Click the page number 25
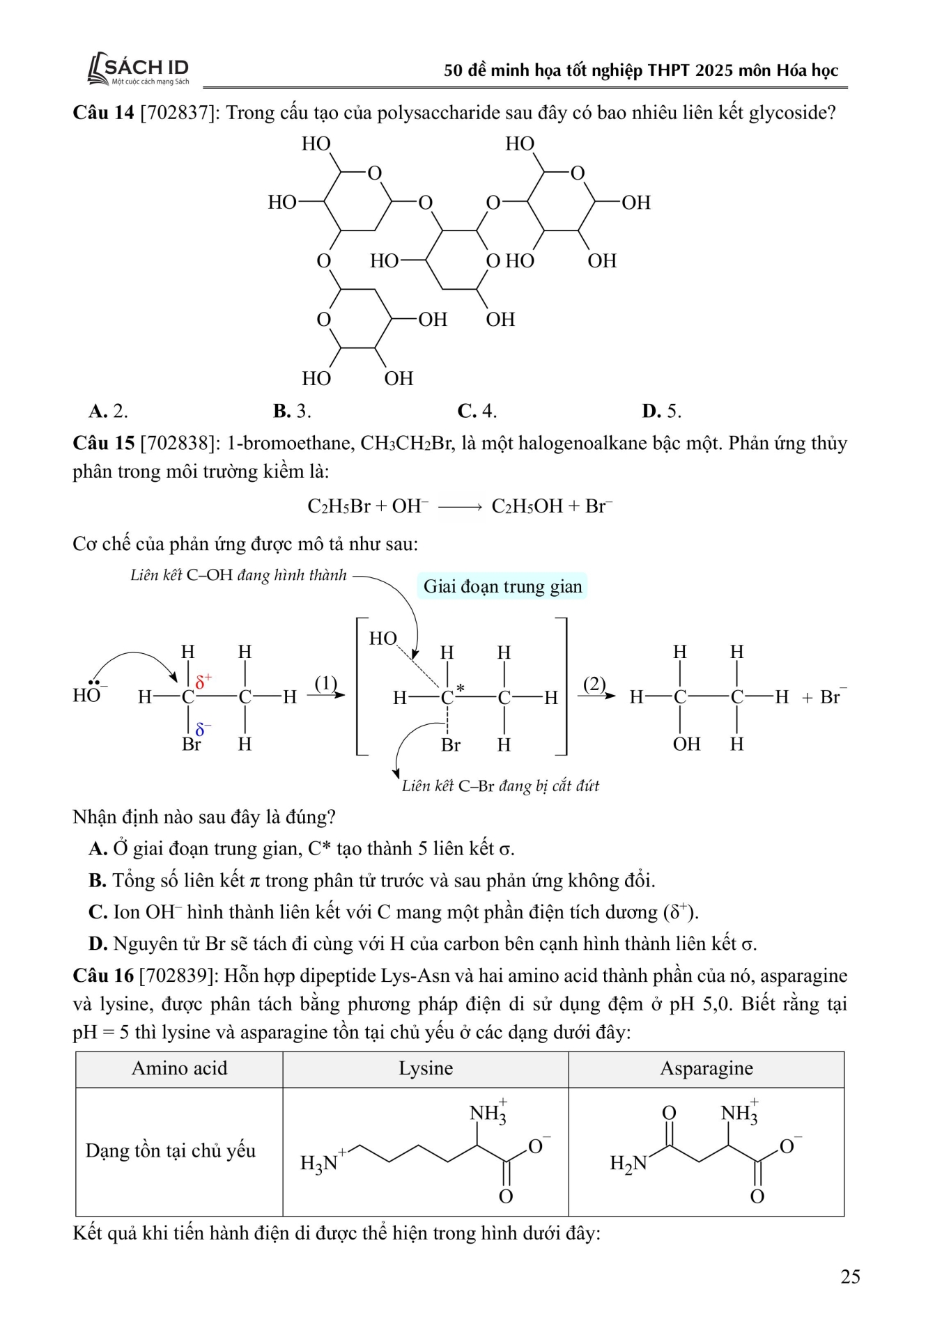tap(850, 1276)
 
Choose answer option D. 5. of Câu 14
tap(661, 411)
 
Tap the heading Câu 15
tap(103, 444)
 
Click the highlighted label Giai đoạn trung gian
tap(502, 586)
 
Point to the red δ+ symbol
tap(203, 680)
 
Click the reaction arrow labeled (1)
tap(326, 694)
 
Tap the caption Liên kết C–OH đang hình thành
tap(238, 575)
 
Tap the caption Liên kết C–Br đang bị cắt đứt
tap(500, 786)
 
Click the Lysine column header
tap(426, 1069)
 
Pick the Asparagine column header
tap(706, 1069)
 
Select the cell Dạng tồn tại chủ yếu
tap(171, 1150)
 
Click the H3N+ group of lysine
tap(320, 1162)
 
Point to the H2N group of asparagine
tap(628, 1163)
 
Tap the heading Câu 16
tap(103, 976)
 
